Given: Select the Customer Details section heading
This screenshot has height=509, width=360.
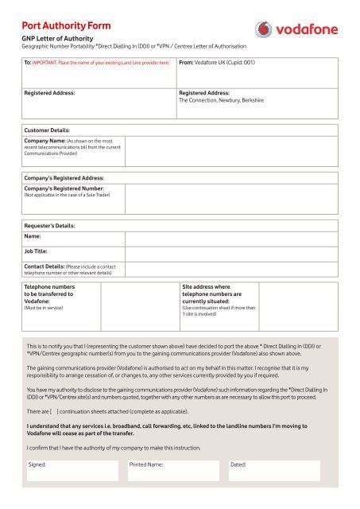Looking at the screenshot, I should [48, 129].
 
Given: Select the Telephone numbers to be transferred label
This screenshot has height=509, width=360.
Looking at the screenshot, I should [49, 292].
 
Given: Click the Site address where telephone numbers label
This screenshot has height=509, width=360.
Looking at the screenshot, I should [213, 292].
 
